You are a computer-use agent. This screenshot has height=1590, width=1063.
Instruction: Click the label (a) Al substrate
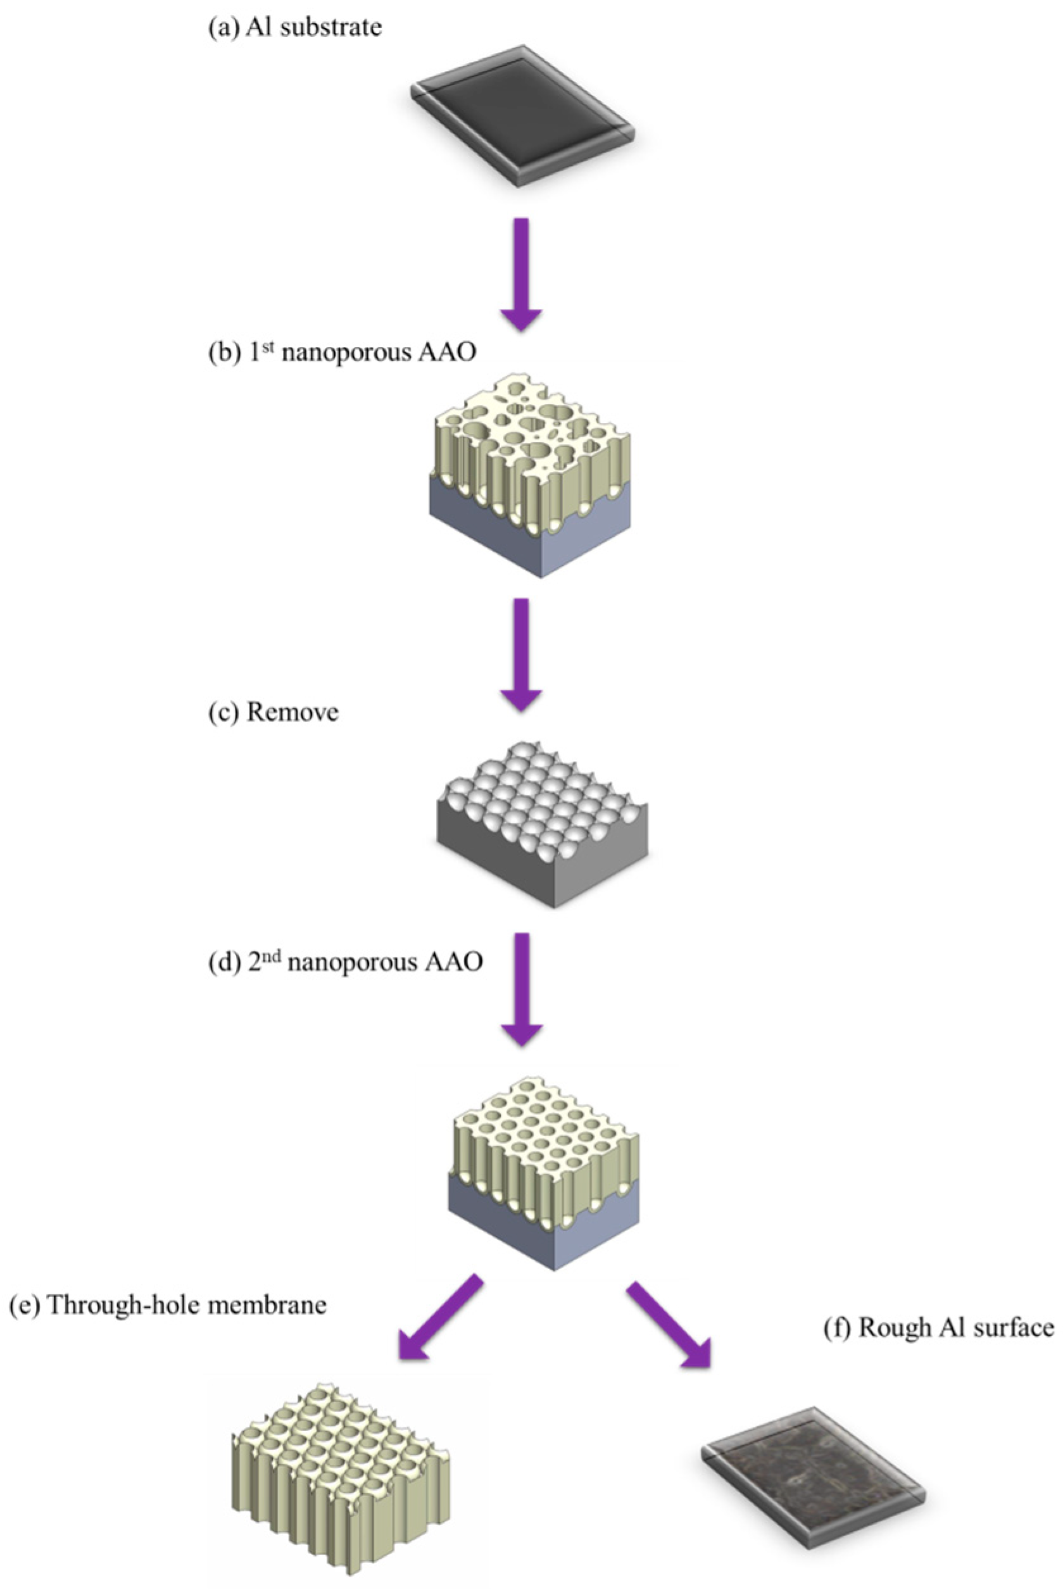tap(295, 28)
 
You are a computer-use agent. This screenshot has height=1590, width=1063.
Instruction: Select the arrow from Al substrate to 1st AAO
tap(520, 274)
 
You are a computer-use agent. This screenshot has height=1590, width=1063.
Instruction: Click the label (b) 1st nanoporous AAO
tap(342, 353)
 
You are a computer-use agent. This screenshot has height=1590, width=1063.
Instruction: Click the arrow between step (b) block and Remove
tap(520, 653)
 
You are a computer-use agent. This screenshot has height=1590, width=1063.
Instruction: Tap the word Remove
tap(292, 713)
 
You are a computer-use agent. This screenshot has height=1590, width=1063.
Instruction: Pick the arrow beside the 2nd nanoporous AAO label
tap(520, 989)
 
